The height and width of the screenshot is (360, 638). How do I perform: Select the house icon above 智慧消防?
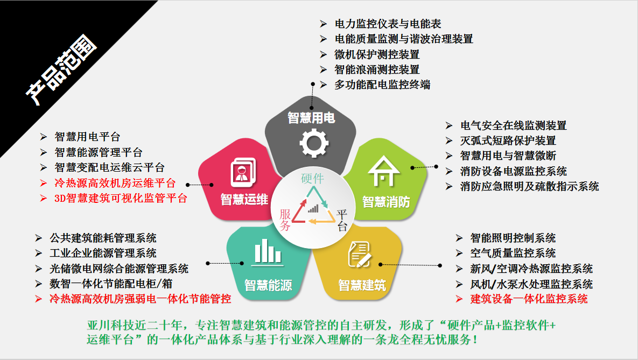pos(383,172)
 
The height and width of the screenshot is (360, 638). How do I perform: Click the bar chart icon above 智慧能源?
pos(268,252)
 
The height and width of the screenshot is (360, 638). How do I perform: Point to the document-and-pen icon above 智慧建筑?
pos(359,253)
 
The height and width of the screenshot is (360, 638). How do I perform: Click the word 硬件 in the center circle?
pos(313,179)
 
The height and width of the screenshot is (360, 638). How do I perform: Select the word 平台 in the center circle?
pos(342,220)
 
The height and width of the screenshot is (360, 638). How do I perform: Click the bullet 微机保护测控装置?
pos(377,54)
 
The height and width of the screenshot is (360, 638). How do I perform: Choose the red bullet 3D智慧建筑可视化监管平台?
pos(121,198)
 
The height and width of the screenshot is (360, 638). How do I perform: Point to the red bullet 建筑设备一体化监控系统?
pos(529,299)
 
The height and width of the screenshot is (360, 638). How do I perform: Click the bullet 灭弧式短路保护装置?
pos(508,140)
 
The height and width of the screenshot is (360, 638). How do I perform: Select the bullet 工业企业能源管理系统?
pos(103,253)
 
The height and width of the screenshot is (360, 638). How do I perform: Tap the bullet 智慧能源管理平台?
pos(99,153)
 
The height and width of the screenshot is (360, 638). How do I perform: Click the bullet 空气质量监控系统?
pos(513,253)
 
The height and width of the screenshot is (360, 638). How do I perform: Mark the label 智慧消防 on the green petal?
pos(386,202)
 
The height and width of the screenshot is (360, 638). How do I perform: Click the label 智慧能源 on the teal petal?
pos(268,285)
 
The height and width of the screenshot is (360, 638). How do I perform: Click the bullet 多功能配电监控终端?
pos(382,84)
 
